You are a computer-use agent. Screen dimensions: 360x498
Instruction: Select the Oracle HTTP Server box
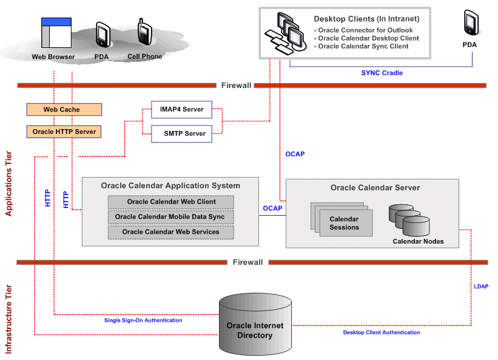[64, 132]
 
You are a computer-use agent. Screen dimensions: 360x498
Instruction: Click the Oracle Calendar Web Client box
[171, 202]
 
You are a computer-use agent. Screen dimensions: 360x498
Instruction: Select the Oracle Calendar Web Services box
[170, 232]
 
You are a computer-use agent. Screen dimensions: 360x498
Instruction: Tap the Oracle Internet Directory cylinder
[255, 324]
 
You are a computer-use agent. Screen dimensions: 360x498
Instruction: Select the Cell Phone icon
[144, 32]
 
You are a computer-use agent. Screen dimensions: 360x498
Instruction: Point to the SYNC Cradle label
[382, 73]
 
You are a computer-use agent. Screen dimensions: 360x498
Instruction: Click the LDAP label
[481, 285]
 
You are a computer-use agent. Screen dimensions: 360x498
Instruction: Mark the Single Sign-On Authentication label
[143, 321]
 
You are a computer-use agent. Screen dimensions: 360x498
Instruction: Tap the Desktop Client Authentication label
[382, 332]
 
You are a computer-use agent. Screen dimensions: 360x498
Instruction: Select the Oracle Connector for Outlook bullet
[364, 30]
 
